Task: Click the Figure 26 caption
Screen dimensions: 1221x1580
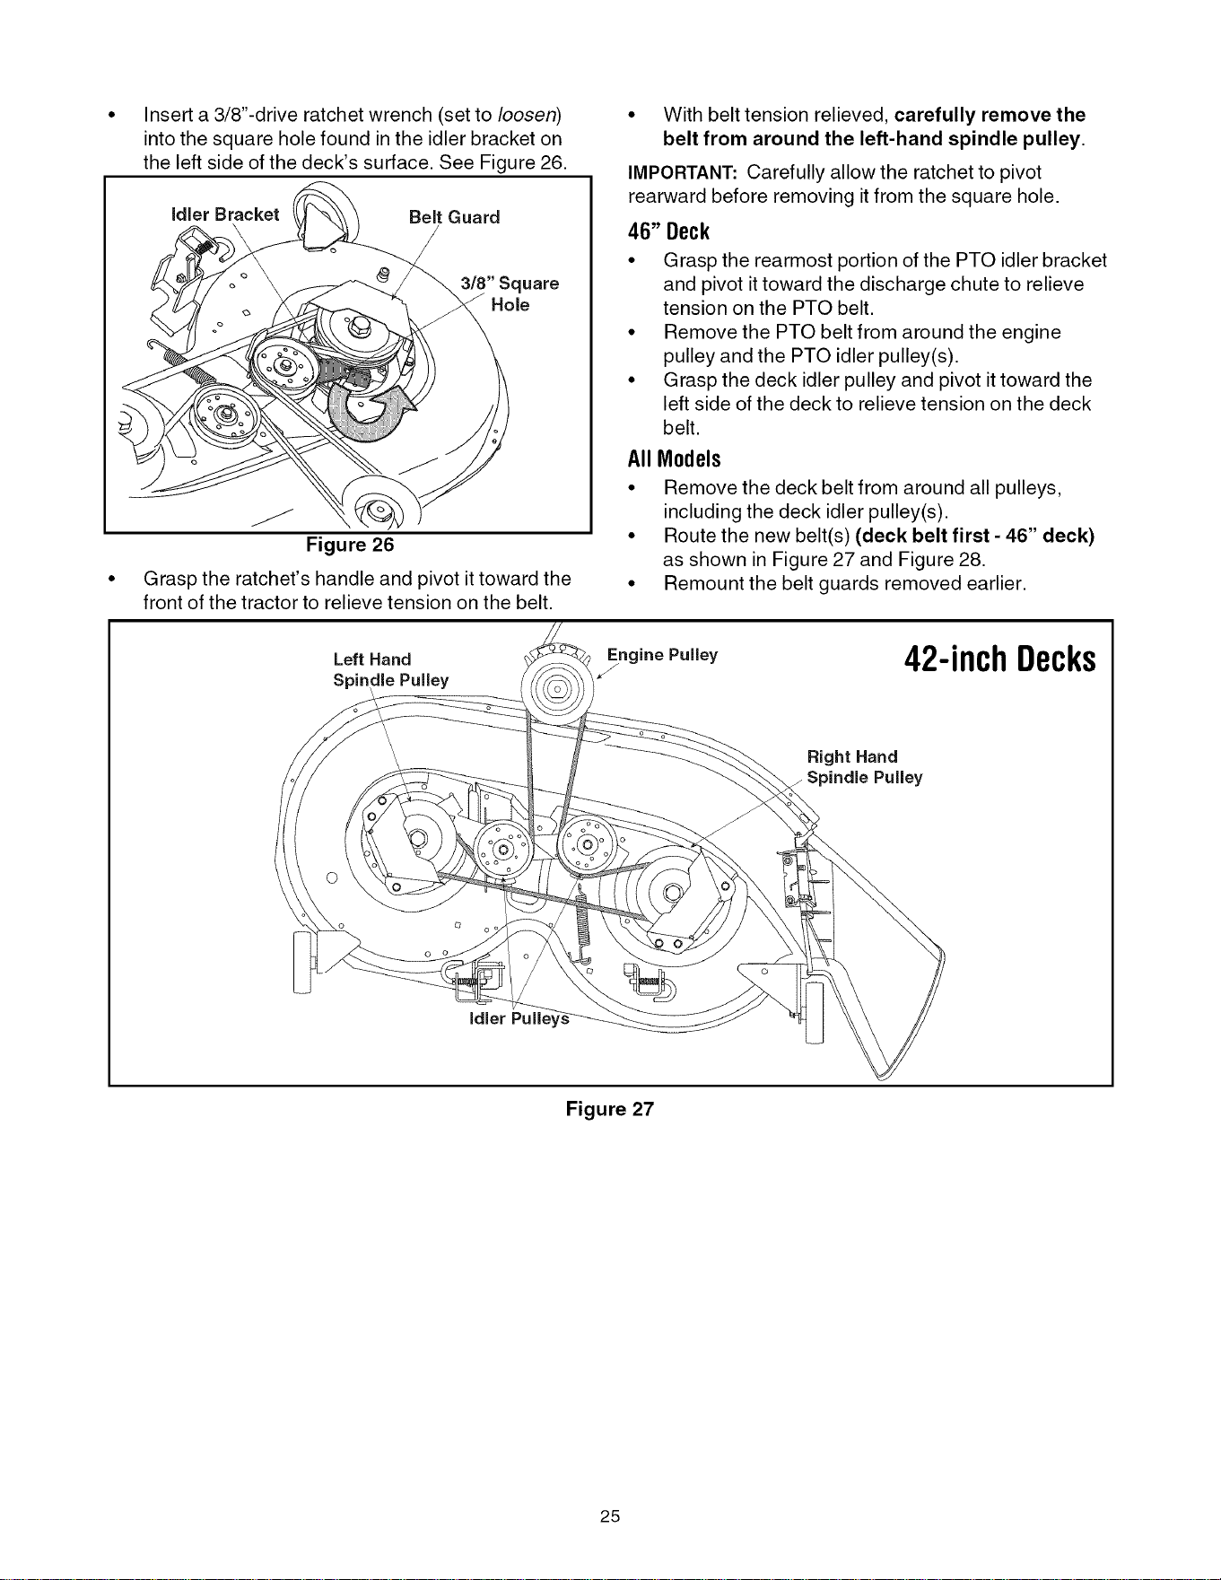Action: (x=350, y=545)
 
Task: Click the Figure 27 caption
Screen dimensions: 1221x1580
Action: (x=610, y=1109)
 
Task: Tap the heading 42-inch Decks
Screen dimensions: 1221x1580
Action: (x=1000, y=659)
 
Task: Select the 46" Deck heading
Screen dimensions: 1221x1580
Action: (x=668, y=231)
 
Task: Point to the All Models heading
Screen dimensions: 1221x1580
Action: (x=674, y=458)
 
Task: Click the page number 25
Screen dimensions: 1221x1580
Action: (x=610, y=1515)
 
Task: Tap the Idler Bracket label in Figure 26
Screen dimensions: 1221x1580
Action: (x=224, y=214)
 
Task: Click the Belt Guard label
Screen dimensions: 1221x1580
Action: (x=454, y=217)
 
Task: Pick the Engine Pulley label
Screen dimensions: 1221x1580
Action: (x=662, y=655)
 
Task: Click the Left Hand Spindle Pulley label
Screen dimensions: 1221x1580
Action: (x=390, y=670)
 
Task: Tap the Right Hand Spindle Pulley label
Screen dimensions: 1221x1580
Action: (x=865, y=767)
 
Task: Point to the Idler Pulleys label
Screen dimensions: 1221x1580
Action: (x=519, y=1019)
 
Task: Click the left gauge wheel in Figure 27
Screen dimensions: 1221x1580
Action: (x=302, y=963)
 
